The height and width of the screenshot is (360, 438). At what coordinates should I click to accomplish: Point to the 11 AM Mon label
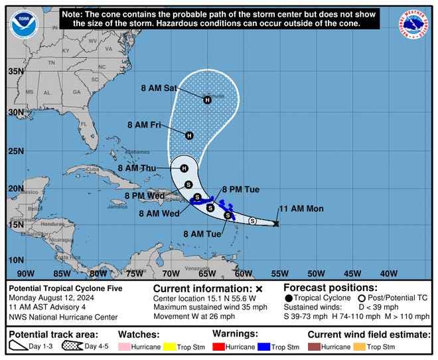[x=300, y=209]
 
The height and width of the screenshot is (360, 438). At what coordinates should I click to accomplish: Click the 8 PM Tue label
[x=240, y=190]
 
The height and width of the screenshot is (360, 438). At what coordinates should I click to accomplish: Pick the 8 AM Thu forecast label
[x=141, y=169]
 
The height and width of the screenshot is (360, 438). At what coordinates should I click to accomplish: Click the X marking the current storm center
[x=276, y=224]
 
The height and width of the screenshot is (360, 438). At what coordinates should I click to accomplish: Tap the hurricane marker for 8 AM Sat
[x=207, y=100]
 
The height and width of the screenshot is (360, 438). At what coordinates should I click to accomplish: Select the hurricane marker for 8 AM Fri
[x=189, y=135]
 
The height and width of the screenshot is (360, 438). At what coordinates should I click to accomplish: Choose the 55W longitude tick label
[x=279, y=274]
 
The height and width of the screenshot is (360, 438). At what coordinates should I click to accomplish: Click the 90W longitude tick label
[x=25, y=274]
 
